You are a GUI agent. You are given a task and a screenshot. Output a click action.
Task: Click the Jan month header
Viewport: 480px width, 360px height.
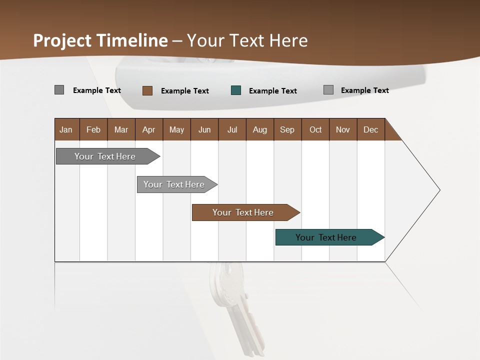point(66,129)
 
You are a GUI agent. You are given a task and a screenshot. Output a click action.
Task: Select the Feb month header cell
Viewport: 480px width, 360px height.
point(93,129)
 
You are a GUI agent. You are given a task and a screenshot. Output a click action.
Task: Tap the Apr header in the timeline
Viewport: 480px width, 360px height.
point(148,129)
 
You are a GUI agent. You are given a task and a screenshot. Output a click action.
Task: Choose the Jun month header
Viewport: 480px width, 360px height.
point(204,129)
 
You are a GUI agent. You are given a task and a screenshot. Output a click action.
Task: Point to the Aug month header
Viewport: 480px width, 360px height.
point(259,129)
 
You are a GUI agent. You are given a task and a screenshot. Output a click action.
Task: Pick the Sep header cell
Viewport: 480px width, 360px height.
point(287,129)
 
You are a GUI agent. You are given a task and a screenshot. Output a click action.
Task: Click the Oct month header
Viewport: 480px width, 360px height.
point(315,129)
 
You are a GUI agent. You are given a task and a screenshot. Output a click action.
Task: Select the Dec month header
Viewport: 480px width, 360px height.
point(370,129)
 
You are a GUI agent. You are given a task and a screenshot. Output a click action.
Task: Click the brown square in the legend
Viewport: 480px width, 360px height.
point(147,90)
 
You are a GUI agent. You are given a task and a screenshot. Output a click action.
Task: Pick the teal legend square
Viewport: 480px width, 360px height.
point(236,90)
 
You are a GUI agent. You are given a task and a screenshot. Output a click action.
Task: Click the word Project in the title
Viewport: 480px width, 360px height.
point(62,40)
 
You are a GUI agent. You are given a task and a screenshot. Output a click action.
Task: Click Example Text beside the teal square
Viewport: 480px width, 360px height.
point(272,91)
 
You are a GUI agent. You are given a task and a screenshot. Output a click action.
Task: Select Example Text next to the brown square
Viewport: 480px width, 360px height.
point(184,91)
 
